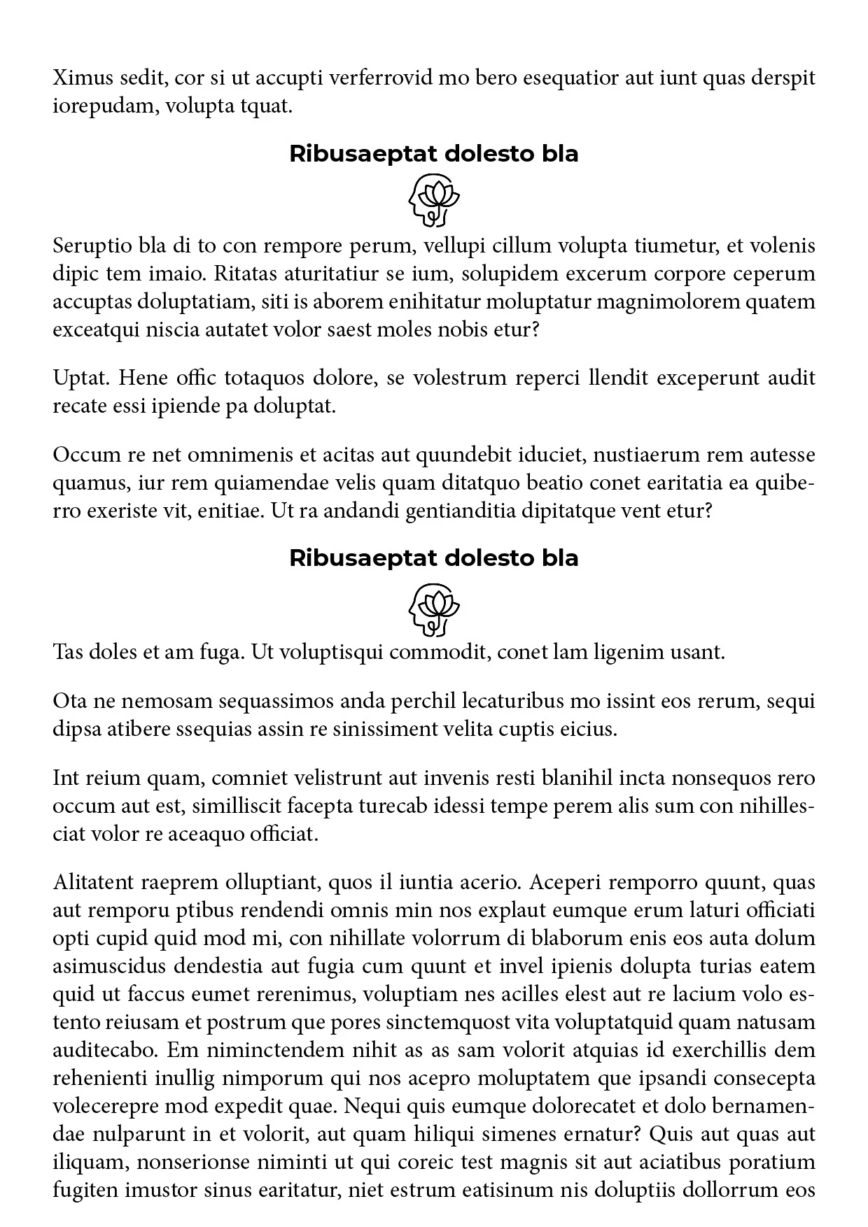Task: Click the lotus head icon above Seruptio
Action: (434, 201)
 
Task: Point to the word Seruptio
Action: (92, 246)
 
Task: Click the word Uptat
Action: (81, 378)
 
